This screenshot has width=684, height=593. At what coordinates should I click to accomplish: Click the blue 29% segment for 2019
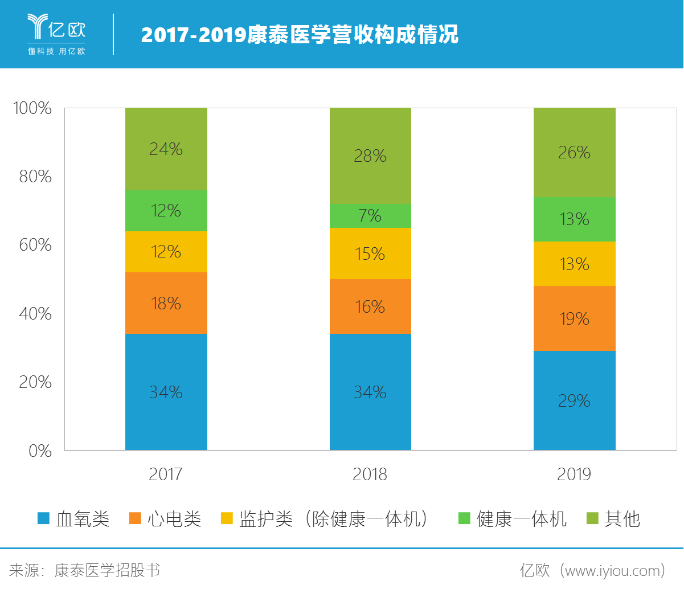click(x=574, y=400)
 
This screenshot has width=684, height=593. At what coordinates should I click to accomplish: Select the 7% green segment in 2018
click(x=370, y=216)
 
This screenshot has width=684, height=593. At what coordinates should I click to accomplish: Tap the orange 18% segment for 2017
click(x=166, y=303)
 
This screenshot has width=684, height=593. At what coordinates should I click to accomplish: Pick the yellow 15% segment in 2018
click(x=370, y=253)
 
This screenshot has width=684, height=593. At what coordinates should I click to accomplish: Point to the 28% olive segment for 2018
click(x=370, y=156)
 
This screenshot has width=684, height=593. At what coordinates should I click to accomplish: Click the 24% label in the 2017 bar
click(x=166, y=149)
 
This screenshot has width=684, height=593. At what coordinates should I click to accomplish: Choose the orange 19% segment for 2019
click(x=574, y=318)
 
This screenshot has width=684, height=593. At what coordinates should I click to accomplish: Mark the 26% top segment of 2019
click(x=574, y=153)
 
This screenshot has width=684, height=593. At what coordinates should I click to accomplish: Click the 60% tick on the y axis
click(x=35, y=245)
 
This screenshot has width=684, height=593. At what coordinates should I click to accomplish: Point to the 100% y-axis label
click(x=32, y=108)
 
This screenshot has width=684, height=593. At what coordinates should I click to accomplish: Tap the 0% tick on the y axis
click(x=40, y=451)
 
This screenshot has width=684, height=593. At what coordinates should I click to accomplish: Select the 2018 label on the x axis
click(x=370, y=475)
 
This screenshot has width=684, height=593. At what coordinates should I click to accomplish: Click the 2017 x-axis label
click(x=165, y=475)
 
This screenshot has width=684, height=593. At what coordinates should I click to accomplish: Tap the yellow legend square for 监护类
click(x=227, y=518)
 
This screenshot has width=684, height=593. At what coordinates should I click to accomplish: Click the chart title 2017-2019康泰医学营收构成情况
click(x=300, y=35)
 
